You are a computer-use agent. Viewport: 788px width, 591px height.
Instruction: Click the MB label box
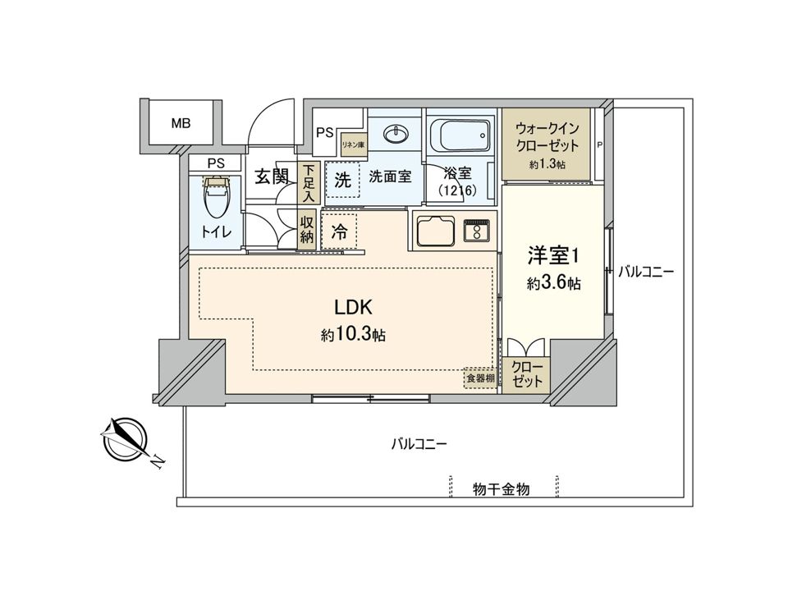[181, 124]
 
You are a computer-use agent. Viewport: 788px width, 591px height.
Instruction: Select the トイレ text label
[216, 233]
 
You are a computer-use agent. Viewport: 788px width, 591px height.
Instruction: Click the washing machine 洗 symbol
[343, 179]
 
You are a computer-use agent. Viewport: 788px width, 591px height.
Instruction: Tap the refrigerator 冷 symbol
[338, 232]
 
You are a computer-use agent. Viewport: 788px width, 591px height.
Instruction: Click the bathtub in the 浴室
[460, 135]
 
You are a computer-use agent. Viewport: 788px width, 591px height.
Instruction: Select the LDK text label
[354, 309]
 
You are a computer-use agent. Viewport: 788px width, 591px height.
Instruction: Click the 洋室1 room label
[553, 255]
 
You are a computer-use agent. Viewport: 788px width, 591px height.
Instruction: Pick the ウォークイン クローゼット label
[547, 136]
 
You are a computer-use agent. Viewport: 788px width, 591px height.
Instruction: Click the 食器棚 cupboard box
[480, 378]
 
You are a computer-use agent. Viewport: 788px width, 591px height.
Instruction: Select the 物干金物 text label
[501, 489]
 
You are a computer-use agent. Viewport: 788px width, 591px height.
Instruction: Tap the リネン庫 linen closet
[354, 145]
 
